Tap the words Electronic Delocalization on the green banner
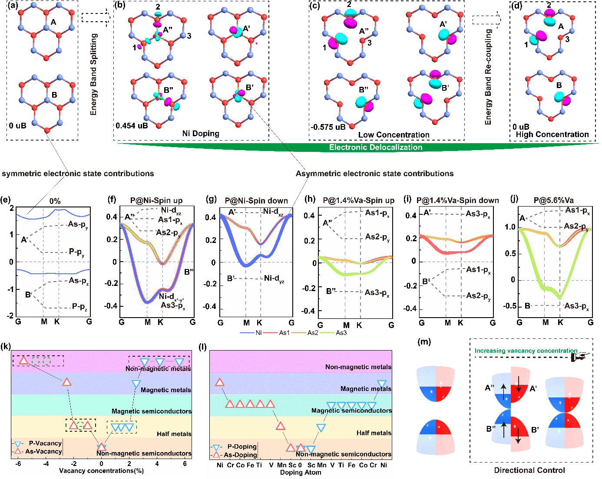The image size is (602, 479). [376, 148]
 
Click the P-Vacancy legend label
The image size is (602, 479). [45, 443]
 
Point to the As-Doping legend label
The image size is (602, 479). [240, 455]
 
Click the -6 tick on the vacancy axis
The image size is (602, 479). [18, 464]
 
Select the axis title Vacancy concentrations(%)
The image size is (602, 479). [101, 471]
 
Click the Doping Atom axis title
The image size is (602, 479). [301, 472]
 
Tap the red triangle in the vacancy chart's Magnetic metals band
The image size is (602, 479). [66, 382]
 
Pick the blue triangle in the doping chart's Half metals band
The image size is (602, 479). [321, 428]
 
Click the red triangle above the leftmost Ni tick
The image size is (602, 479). [220, 382]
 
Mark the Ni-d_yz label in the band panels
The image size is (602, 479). [274, 279]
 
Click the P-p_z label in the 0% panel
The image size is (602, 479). [79, 307]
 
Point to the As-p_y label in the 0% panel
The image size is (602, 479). [78, 225]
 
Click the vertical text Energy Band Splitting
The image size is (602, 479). [93, 74]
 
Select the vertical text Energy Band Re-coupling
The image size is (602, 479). [488, 77]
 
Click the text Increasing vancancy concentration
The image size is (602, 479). [526, 351]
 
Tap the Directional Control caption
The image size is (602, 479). [529, 470]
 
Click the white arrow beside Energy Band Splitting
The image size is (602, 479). [96, 18]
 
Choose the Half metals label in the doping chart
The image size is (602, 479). [374, 433]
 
